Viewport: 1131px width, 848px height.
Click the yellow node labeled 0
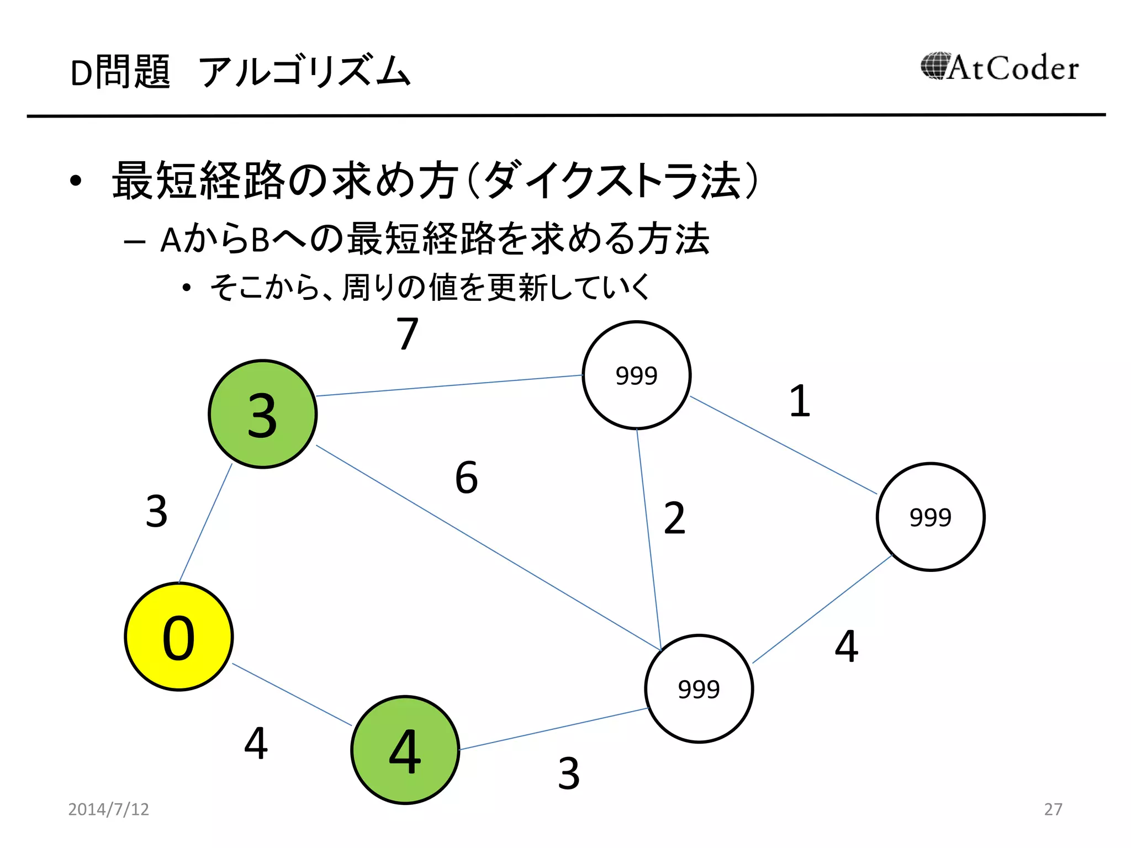pyautogui.click(x=178, y=637)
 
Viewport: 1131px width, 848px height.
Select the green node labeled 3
pyautogui.click(x=262, y=414)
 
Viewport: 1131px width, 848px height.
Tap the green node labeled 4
pyautogui.click(x=405, y=750)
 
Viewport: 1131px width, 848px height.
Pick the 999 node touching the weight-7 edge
pyautogui.click(x=636, y=375)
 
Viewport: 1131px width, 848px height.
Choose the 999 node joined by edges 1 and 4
pyautogui.click(x=931, y=517)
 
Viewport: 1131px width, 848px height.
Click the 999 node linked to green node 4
pyautogui.click(x=699, y=688)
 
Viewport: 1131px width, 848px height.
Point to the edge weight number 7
pyautogui.click(x=408, y=334)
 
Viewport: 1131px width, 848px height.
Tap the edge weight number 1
pyautogui.click(x=800, y=401)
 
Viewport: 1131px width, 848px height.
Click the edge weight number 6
pyautogui.click(x=467, y=478)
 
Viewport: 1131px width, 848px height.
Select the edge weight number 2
pyautogui.click(x=674, y=518)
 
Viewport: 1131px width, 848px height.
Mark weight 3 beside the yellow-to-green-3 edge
pyautogui.click(x=157, y=511)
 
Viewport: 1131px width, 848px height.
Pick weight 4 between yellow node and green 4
pyautogui.click(x=256, y=743)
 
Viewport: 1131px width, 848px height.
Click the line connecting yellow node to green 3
pyautogui.click(x=205, y=523)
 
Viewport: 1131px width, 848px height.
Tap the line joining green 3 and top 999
pyautogui.click(x=448, y=385)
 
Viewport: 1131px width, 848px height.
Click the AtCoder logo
pyautogui.click(x=1000, y=68)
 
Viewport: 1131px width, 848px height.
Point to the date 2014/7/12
pyautogui.click(x=109, y=809)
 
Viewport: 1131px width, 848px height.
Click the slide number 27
pyautogui.click(x=1053, y=809)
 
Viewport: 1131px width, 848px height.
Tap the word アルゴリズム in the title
pyautogui.click(x=305, y=72)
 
